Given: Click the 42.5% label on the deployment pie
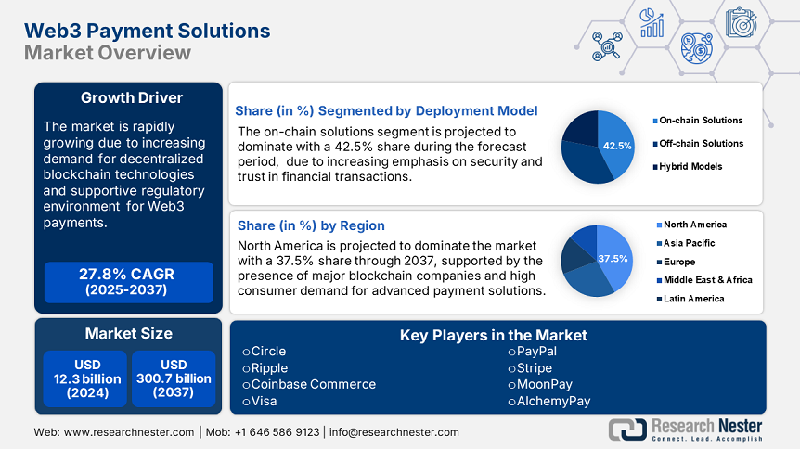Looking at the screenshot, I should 617,146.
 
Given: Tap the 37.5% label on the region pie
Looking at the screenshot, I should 613,258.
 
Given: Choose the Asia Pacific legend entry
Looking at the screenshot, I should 690,243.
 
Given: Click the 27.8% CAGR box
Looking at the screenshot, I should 128,282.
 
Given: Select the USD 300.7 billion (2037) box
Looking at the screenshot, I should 174,378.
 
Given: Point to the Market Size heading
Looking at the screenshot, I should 128,333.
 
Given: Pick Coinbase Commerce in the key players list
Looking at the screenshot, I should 309,384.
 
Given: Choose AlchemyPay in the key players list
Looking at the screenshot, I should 548,401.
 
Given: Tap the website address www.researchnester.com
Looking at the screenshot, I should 128,432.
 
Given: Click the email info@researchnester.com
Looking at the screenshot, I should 394,432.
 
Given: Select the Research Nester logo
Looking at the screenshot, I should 685,430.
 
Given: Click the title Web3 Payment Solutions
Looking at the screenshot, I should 148,31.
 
